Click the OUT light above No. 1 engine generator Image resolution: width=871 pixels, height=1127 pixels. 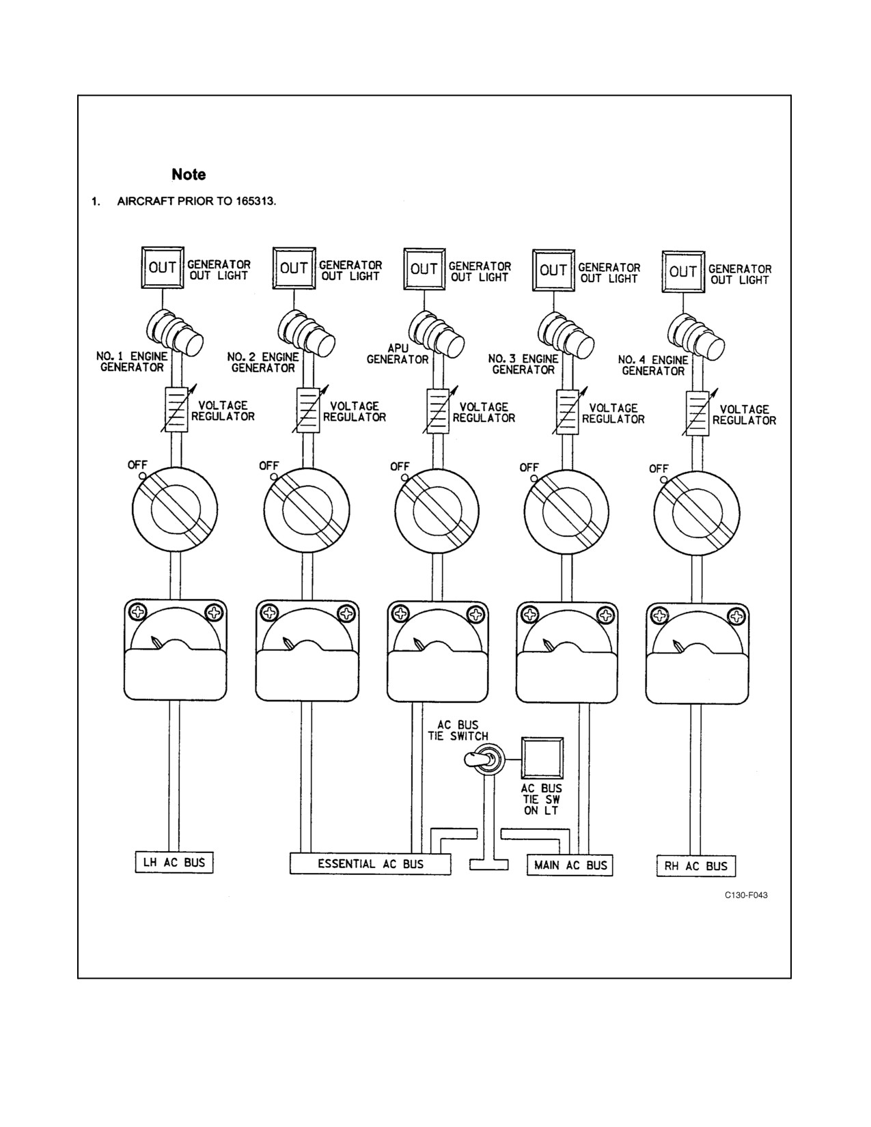click(163, 267)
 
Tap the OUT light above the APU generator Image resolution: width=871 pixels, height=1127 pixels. click(424, 269)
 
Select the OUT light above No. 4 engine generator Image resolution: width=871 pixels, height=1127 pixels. click(683, 272)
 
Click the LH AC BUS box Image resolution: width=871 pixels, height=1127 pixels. click(174, 862)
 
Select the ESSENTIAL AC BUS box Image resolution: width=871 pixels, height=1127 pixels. click(370, 863)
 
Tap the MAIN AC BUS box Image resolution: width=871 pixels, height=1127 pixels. click(570, 865)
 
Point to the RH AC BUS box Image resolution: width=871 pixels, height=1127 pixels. click(695, 865)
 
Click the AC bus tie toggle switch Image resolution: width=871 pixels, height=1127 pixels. click(482, 760)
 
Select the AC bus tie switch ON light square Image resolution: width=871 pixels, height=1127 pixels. click(542, 758)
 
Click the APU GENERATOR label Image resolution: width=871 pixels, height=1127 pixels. click(398, 354)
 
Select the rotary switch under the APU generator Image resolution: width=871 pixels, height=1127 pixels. click(437, 511)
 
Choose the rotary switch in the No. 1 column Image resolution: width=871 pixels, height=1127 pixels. click(175, 509)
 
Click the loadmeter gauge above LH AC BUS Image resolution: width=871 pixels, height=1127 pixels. click(176, 650)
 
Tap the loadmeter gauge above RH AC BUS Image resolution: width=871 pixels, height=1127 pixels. click(697, 653)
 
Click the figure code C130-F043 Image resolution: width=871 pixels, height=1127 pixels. click(747, 895)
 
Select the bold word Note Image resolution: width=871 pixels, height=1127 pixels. click(189, 174)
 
